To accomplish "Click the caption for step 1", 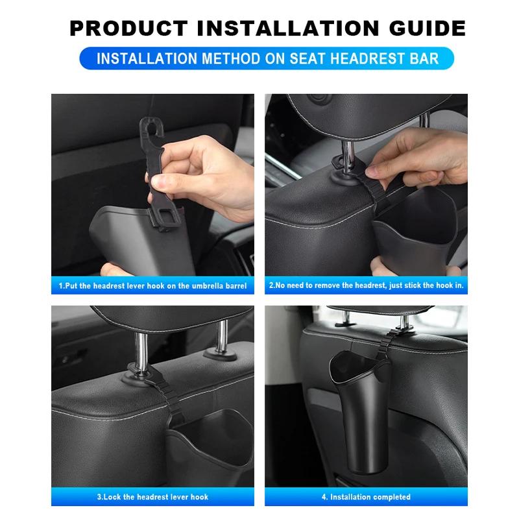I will [x=152, y=285].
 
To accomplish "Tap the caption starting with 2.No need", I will [x=366, y=285].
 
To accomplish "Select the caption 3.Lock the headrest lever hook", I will [x=152, y=497].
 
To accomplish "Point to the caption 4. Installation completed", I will [x=366, y=497].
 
